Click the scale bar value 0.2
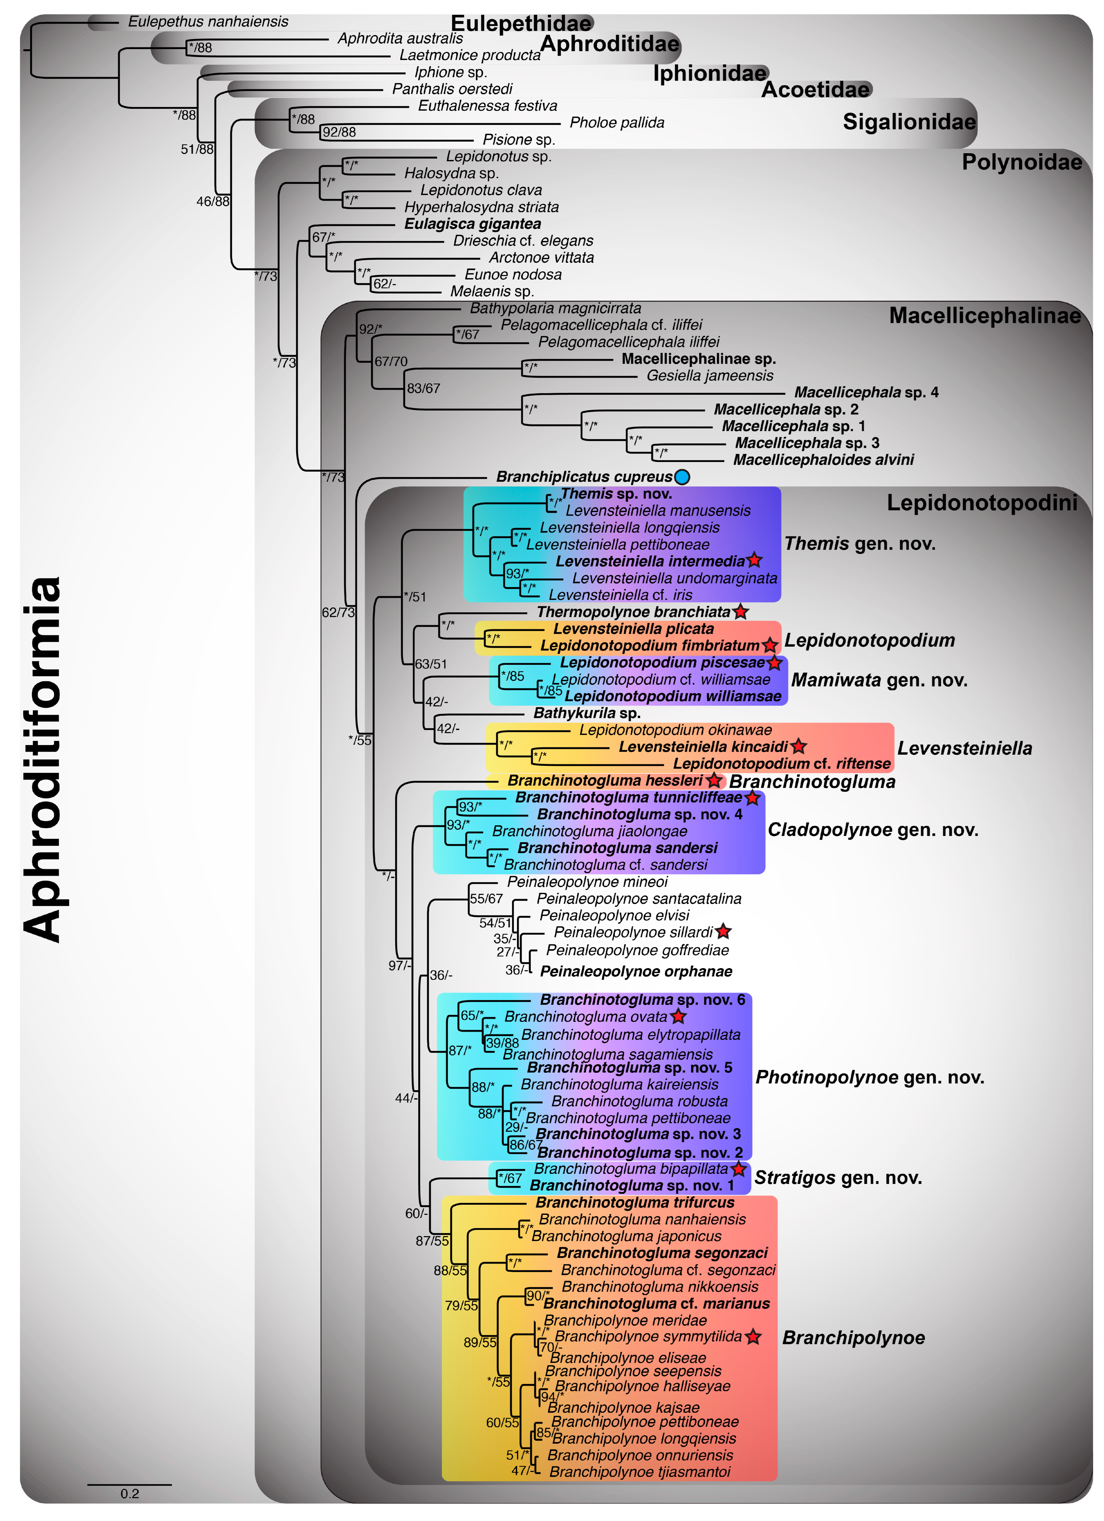pyautogui.click(x=129, y=1494)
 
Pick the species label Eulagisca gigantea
pyautogui.click(x=472, y=224)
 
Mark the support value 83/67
pyautogui.click(x=423, y=388)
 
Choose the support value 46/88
pyautogui.click(x=213, y=201)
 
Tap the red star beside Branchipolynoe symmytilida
pyautogui.click(x=753, y=1337)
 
